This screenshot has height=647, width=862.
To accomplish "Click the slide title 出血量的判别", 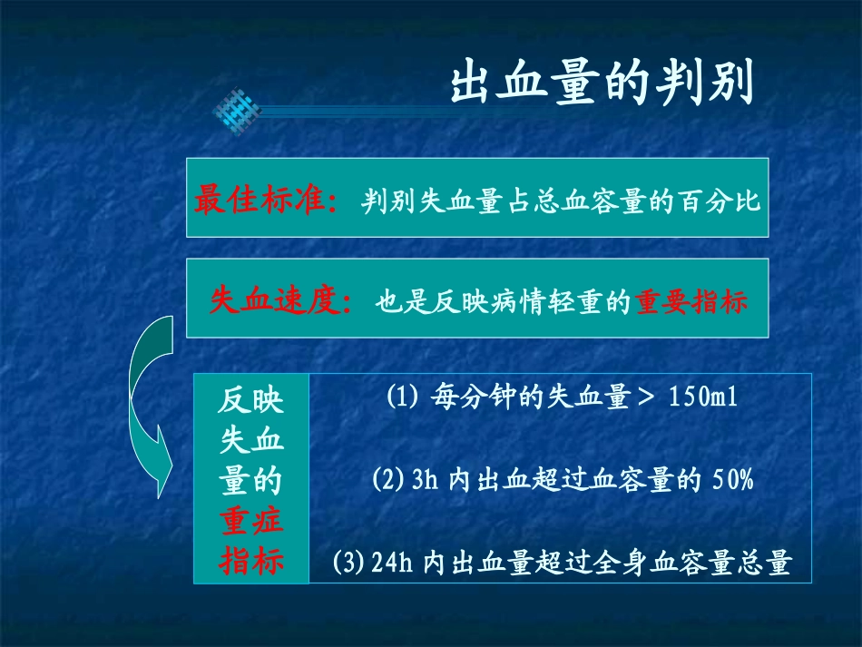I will click(602, 84).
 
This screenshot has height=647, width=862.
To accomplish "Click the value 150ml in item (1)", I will click(700, 398).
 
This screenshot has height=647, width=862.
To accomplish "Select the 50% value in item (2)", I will click(732, 480).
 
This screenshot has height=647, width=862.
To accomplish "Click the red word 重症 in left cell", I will click(251, 521).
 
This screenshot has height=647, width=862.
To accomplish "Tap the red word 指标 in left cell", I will click(251, 562).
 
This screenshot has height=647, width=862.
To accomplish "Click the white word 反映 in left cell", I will click(251, 400).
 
